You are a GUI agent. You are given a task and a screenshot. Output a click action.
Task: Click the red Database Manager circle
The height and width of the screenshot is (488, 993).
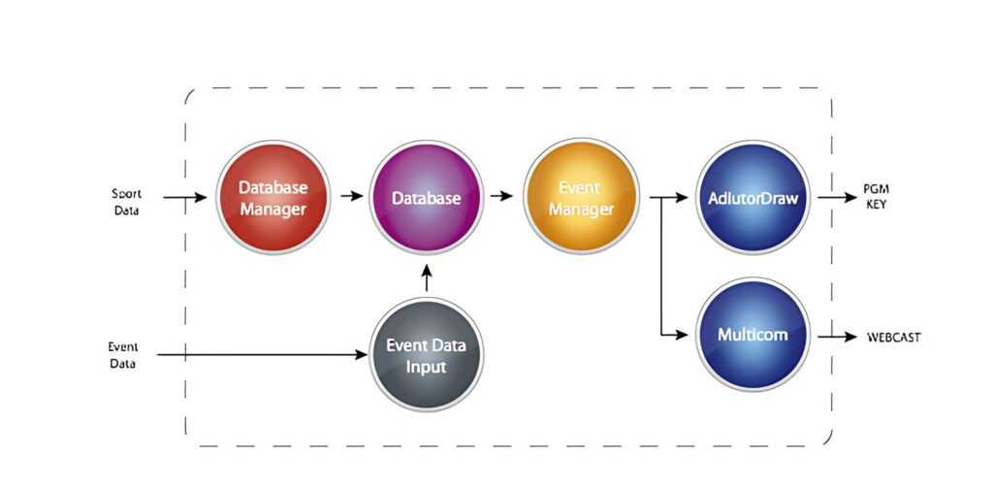pos(272,198)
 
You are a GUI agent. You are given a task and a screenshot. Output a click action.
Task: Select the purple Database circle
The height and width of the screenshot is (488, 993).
pos(427,198)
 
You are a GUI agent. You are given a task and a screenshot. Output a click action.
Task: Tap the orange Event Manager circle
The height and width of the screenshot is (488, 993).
pos(581,198)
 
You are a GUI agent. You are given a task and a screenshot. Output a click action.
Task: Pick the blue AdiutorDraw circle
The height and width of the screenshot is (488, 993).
pos(753,198)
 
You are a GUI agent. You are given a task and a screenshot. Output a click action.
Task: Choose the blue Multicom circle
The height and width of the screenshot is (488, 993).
pos(753,336)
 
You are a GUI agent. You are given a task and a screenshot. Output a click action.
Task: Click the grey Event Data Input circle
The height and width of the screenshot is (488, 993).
pos(427,355)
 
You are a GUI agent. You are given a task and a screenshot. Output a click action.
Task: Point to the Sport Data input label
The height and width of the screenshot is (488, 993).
pos(125,202)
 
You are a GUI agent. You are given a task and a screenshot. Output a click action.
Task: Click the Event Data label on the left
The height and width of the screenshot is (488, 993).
pos(122,355)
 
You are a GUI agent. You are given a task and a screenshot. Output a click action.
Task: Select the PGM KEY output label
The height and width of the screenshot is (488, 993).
pos(877,198)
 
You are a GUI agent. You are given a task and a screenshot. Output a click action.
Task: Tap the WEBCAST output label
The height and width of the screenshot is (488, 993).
pos(893,338)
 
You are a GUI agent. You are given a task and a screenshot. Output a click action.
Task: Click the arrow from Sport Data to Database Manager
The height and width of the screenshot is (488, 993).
pos(185,198)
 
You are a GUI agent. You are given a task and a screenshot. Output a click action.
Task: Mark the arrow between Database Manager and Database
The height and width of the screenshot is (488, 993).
pos(350,197)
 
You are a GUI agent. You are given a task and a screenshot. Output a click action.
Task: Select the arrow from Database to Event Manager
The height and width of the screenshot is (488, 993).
pos(501,197)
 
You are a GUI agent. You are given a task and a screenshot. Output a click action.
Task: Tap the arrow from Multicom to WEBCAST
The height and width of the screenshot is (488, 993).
pos(837,338)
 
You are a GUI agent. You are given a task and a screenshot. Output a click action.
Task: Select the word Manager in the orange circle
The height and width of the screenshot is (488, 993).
pos(581,209)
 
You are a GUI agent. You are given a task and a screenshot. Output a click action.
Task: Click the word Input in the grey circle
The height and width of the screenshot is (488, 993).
pos(427,368)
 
